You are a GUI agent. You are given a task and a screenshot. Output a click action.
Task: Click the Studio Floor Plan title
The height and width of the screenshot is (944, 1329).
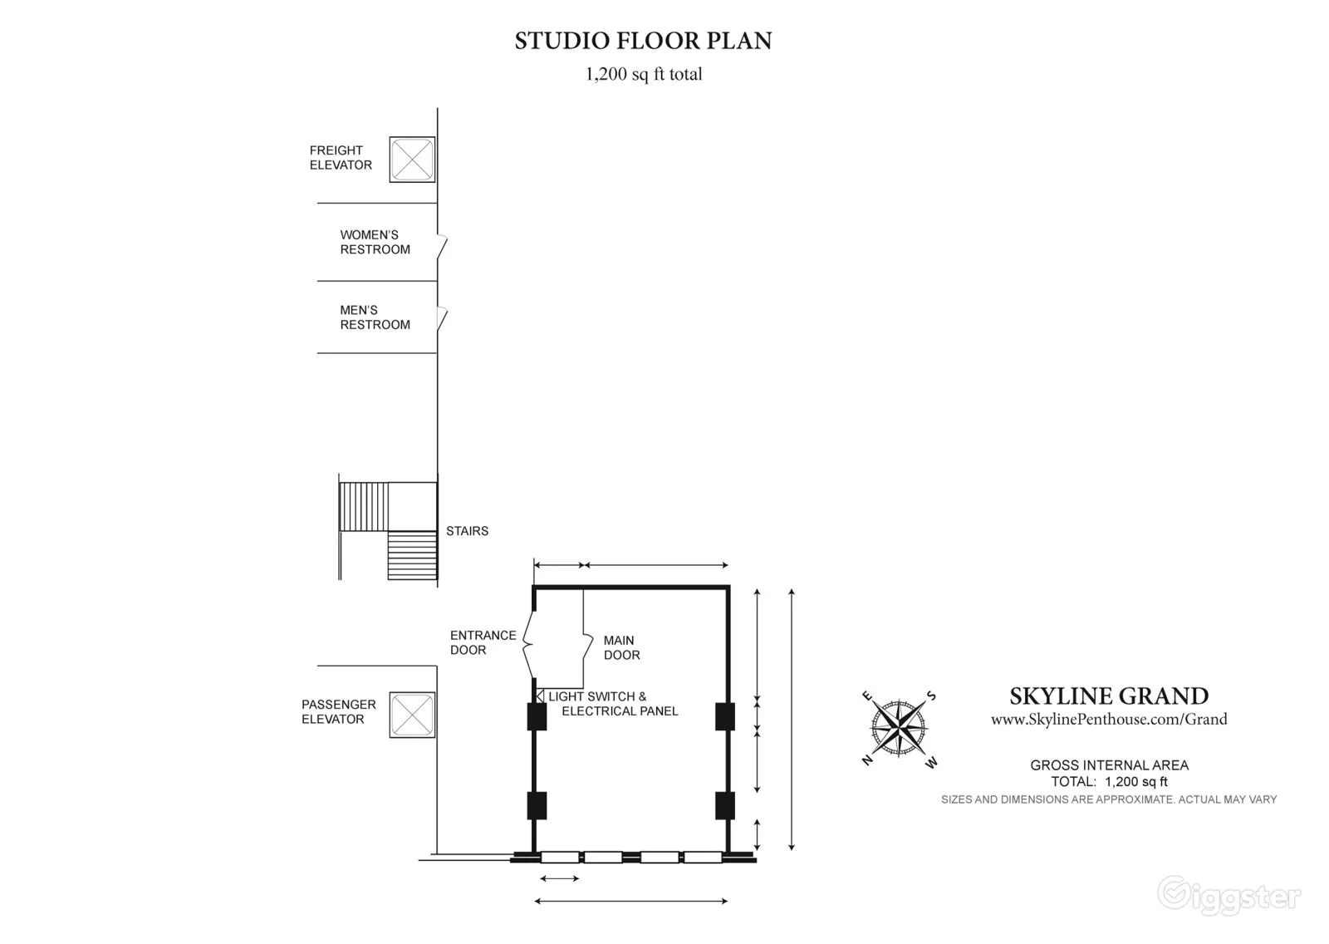(643, 41)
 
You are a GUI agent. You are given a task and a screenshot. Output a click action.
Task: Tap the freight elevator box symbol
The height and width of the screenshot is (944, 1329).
(412, 159)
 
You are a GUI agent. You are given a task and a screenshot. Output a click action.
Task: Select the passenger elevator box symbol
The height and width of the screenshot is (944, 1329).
(412, 715)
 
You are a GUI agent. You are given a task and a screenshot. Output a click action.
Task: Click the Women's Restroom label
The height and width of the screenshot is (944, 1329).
(375, 243)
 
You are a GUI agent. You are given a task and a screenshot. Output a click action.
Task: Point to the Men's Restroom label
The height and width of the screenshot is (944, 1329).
(375, 317)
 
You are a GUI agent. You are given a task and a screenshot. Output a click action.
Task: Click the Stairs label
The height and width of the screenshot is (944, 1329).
(468, 531)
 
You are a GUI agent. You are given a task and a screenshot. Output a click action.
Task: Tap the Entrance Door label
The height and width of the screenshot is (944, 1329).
(483, 642)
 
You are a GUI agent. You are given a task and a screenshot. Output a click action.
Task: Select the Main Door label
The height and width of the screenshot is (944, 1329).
(622, 647)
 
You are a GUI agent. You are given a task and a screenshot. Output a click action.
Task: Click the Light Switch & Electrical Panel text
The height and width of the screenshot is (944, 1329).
(613, 704)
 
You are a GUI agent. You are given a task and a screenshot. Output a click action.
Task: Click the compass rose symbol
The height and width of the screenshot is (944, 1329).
(900, 727)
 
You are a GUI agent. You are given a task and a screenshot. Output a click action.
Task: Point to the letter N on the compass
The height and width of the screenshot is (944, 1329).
(867, 760)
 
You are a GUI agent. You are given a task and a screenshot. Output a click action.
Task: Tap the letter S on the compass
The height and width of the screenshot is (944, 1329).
(931, 696)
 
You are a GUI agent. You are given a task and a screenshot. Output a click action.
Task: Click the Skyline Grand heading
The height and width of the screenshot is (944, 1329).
(1109, 696)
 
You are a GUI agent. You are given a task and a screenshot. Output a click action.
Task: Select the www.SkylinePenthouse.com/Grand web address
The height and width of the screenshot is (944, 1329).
(1109, 720)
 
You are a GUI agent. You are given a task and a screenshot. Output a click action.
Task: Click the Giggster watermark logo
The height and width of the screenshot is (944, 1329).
(1229, 895)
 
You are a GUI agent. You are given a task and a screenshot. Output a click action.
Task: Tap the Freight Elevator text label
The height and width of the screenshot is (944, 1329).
(341, 158)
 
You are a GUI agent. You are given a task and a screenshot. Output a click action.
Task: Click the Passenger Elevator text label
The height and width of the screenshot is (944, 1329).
(339, 712)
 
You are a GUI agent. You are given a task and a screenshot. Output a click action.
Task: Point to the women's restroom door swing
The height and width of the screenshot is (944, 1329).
(442, 247)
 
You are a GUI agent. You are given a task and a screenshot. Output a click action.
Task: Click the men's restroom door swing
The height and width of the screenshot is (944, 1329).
(442, 318)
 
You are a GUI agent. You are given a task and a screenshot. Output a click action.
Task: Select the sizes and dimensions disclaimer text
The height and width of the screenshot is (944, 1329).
(1109, 799)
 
